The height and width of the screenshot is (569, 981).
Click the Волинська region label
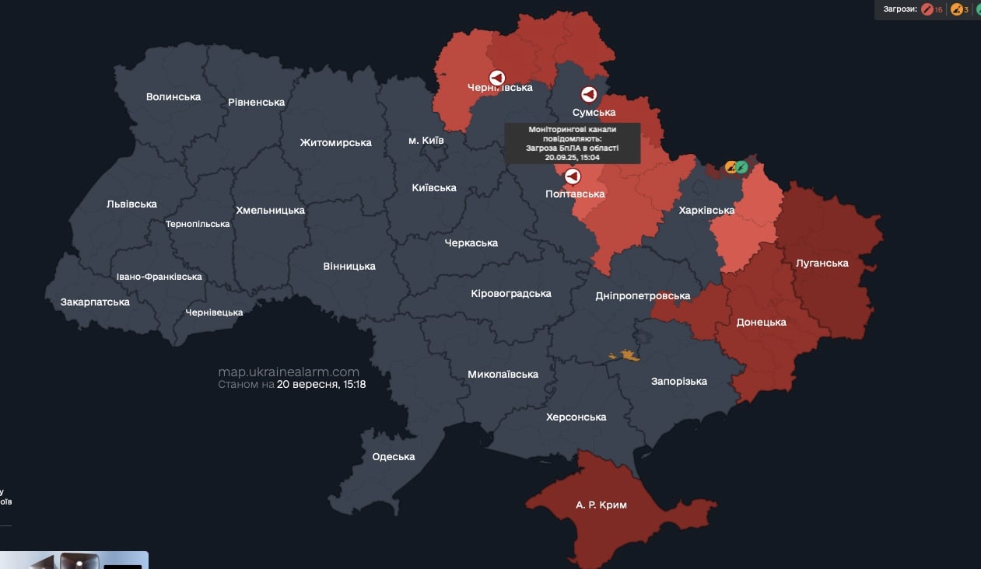point(173,97)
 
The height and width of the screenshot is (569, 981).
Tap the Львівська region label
point(131,204)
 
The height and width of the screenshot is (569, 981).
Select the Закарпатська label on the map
point(95,302)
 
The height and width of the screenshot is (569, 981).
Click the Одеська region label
point(394,457)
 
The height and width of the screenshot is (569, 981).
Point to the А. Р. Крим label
point(601,505)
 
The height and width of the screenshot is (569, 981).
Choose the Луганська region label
point(822,264)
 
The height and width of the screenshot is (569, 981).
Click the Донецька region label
point(761,323)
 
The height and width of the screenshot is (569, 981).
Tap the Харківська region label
point(706,211)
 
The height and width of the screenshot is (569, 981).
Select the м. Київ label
point(426,141)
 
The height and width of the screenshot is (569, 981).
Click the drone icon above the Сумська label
point(590,95)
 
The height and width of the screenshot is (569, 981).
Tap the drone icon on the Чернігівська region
point(497,78)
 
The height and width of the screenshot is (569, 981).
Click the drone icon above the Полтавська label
point(573,176)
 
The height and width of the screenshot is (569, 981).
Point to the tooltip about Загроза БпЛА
point(572,143)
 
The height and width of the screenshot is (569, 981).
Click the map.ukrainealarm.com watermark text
point(289,372)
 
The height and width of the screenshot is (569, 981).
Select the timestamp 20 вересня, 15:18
point(321,385)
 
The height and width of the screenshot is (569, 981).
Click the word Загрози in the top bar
point(900,9)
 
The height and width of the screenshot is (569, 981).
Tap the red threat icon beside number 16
point(927,9)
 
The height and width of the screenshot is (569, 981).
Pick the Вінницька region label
point(349,267)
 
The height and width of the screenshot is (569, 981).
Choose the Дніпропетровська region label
point(643,296)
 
